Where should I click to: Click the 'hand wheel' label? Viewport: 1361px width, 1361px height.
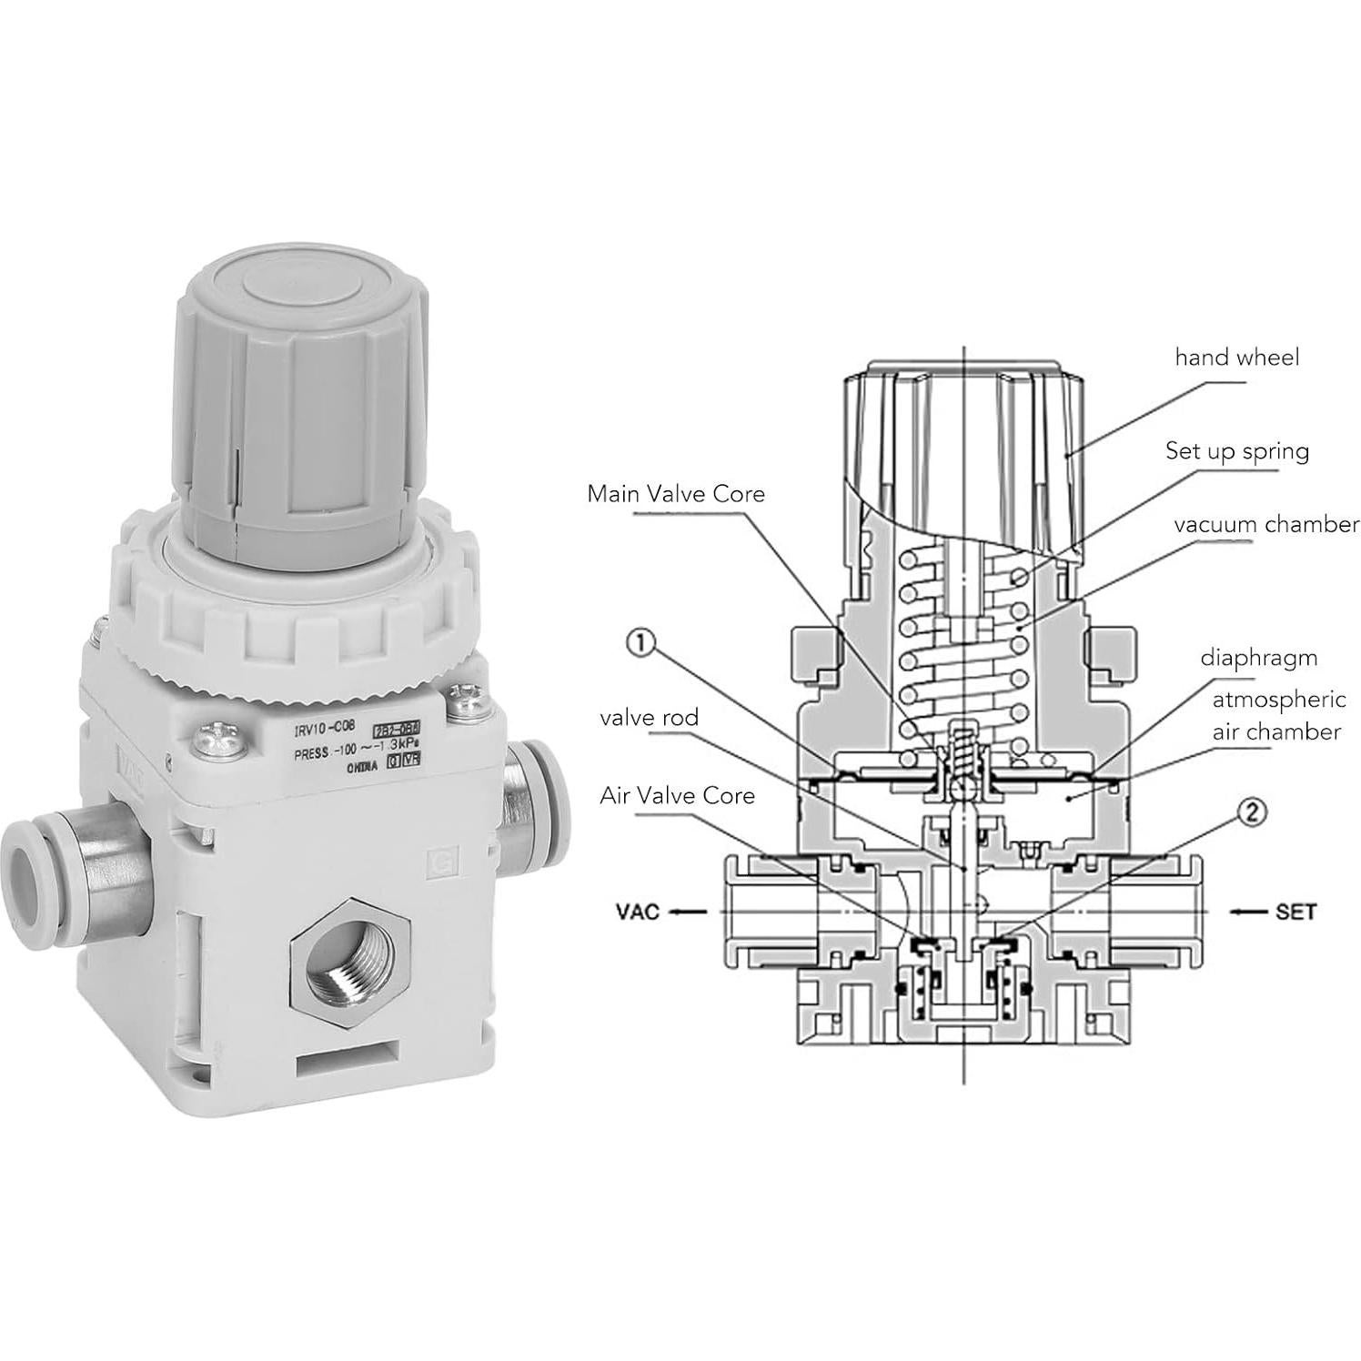(1236, 358)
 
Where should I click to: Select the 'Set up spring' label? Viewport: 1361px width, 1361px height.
(1237, 451)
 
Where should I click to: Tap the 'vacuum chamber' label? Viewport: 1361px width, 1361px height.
(1265, 525)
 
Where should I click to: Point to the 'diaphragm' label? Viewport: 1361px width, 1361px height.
(1258, 657)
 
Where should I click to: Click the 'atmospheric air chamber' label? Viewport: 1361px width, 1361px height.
(1276, 715)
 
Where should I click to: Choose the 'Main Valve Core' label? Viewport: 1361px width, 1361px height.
(676, 494)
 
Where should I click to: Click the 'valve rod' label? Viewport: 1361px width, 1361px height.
(649, 718)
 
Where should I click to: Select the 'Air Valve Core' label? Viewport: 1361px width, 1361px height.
(677, 796)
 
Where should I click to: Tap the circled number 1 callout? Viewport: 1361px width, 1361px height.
(640, 644)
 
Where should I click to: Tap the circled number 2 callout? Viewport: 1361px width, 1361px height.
(1252, 812)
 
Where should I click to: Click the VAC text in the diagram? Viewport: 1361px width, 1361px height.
(637, 912)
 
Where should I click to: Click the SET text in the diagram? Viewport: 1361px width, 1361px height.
(1295, 912)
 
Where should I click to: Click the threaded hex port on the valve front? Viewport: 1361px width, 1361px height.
(350, 963)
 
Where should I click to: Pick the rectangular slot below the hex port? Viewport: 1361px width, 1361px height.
(347, 1062)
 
